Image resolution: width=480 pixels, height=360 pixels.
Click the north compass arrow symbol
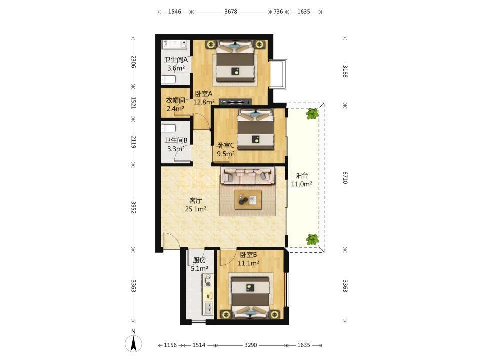134,343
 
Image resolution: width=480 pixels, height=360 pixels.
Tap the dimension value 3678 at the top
231,12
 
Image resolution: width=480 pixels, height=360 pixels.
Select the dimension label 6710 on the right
345,177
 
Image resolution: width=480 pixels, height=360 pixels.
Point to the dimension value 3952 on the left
133,207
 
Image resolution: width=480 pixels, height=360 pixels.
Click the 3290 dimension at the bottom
250,345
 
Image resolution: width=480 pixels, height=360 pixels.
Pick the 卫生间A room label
176,60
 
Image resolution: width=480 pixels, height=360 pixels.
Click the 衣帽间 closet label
175,100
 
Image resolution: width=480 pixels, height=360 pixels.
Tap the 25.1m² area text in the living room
195,209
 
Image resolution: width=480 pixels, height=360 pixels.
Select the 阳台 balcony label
301,175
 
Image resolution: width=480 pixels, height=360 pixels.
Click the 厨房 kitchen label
199,260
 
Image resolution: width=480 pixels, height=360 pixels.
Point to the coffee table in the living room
248,200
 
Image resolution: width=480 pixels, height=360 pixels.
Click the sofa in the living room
248,176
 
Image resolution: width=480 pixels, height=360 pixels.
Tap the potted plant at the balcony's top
312,114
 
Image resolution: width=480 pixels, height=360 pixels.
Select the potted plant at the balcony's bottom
312,239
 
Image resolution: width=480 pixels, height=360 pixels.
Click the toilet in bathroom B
168,128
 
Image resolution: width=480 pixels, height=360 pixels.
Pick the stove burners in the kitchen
208,280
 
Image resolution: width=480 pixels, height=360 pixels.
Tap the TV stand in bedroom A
235,102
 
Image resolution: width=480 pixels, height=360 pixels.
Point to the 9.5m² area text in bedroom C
226,154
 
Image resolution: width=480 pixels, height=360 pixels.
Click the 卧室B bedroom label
248,254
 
